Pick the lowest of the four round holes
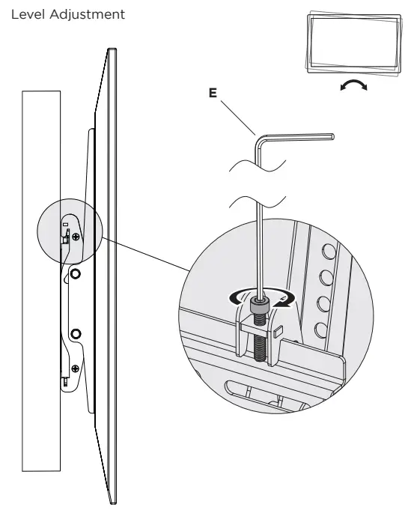tap(320, 328)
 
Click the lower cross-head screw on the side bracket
tap(76, 368)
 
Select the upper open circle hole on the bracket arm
tap(75, 274)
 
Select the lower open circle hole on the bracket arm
tap(75, 332)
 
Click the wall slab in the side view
tap(40, 300)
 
